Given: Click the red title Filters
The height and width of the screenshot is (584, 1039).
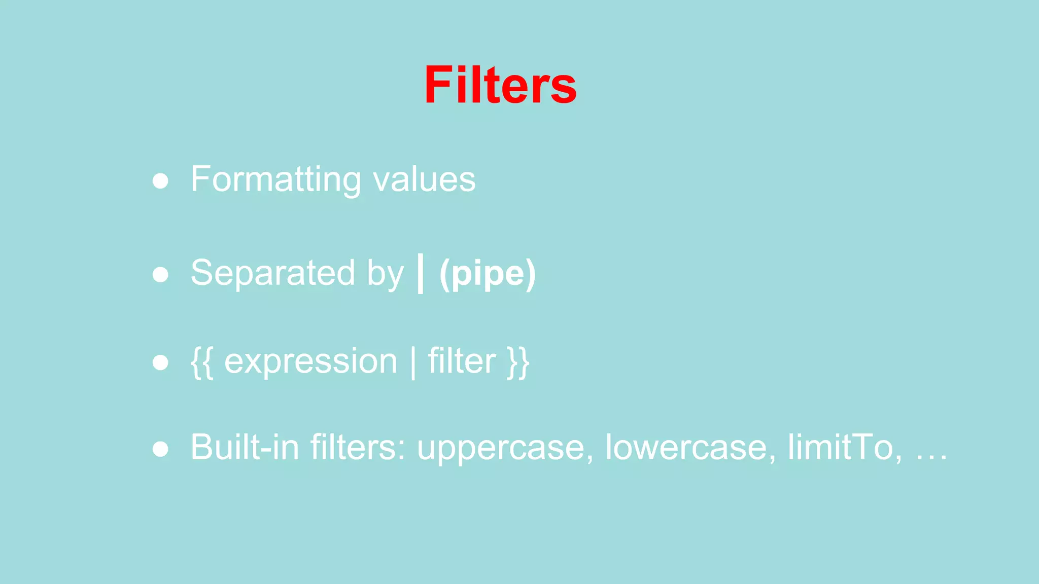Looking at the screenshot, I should coord(500,85).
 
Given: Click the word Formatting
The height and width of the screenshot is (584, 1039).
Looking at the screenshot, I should coord(275,179).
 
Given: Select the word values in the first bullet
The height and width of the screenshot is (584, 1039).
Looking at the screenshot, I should coord(424,179).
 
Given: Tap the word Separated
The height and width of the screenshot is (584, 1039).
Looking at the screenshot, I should coord(272,273).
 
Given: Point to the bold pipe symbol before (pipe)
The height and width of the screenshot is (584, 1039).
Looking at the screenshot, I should coord(420,274).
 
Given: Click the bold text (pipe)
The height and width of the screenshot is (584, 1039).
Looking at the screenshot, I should coord(487,274).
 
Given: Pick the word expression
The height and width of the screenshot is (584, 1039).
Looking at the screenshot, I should coord(310,361).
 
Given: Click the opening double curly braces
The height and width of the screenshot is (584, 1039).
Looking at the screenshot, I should coord(201,362).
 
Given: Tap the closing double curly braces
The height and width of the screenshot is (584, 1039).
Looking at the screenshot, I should coord(518,362).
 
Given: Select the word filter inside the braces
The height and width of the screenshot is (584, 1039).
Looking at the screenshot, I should coord(461,361).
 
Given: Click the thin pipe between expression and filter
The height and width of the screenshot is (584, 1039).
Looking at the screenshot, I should coord(413,362).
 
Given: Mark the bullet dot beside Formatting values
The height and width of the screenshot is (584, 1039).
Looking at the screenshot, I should coord(160,181).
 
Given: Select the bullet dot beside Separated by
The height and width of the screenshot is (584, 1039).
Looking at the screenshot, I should coord(160,275).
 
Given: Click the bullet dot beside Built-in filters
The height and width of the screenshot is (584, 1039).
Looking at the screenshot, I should coord(160,449).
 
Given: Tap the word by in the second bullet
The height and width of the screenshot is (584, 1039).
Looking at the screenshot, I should coord(385,274).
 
